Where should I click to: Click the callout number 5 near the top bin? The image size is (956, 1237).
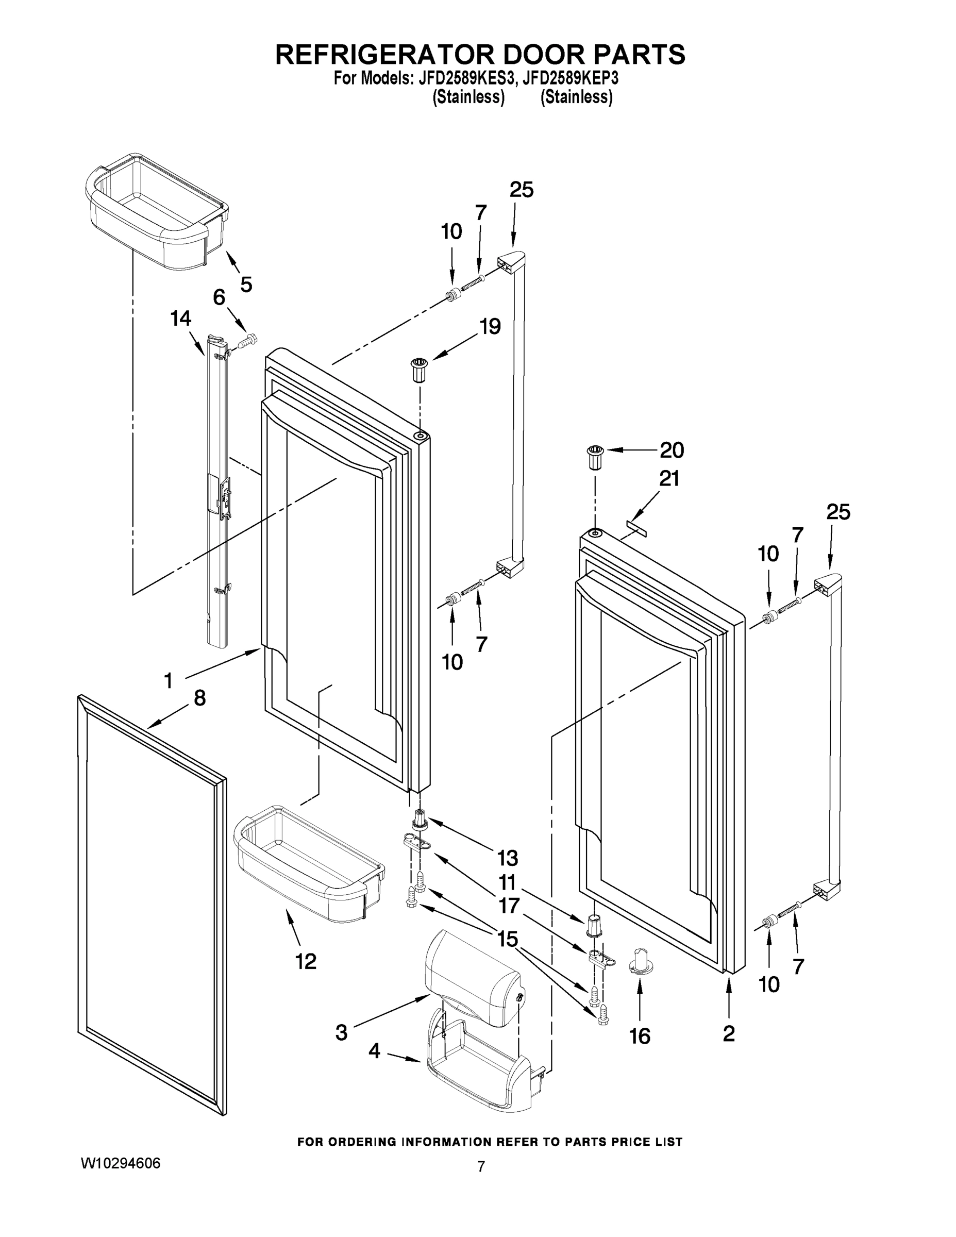(x=246, y=284)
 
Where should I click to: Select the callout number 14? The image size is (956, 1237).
(x=181, y=319)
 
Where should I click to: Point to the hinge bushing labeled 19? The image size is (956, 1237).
(x=419, y=370)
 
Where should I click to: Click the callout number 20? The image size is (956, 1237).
(x=672, y=450)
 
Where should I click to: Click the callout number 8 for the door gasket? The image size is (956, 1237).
(x=199, y=698)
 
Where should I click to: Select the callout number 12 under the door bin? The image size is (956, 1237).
(x=306, y=962)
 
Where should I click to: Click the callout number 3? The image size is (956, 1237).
(x=341, y=1032)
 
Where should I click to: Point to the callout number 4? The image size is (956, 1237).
(x=374, y=1052)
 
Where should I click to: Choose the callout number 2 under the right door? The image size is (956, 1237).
(x=729, y=1033)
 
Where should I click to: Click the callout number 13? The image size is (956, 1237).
(x=508, y=859)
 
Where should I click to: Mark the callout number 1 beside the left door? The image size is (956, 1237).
(x=168, y=680)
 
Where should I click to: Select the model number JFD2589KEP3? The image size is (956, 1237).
(x=571, y=78)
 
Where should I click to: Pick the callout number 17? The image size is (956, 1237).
(x=508, y=906)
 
